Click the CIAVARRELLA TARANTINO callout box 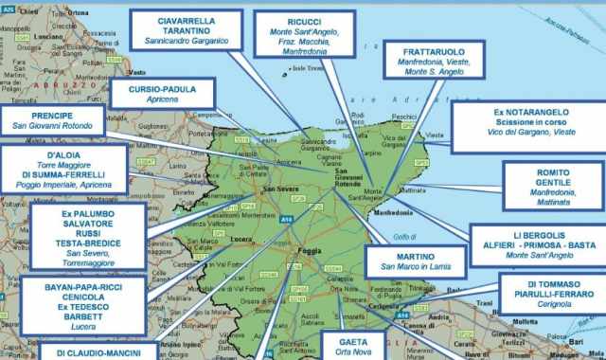point(186,30)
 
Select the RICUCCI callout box point(305,37)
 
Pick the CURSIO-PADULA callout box point(163,94)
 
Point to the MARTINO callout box point(416,261)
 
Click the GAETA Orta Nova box point(352,345)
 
